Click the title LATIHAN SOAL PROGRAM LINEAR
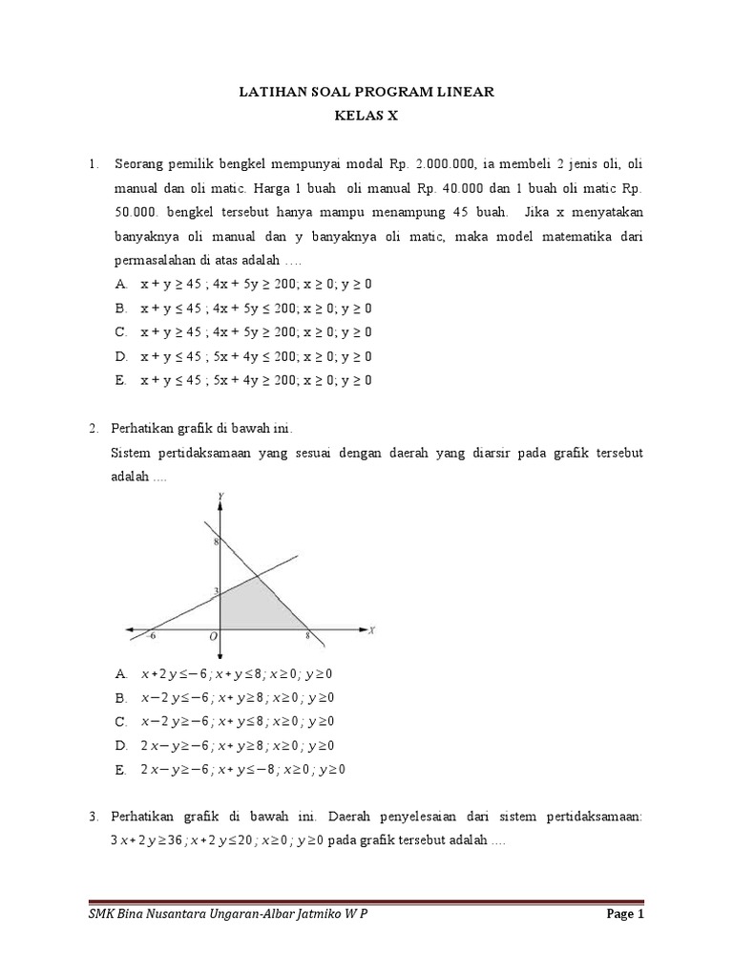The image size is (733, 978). point(366,92)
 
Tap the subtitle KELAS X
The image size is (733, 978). point(366,117)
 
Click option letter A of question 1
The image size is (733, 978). point(120,285)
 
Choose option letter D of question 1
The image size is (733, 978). point(120,356)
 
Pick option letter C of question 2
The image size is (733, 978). point(120,721)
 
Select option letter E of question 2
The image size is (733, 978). point(120,769)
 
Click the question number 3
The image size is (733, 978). point(93,817)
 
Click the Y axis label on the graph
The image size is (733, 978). point(221,495)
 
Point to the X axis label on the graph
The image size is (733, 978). point(370,630)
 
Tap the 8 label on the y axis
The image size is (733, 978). point(216,542)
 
